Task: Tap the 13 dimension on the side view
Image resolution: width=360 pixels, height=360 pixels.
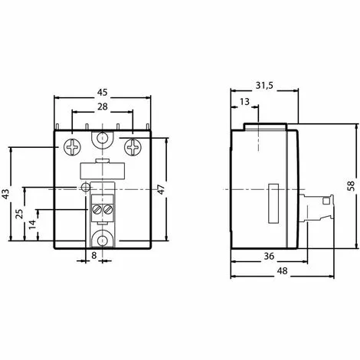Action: coord(244,103)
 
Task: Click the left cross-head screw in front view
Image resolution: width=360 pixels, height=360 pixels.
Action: coord(71,144)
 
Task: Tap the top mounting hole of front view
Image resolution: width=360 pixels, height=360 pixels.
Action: coord(103,140)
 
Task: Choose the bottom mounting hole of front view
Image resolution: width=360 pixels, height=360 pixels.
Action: coord(103,238)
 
